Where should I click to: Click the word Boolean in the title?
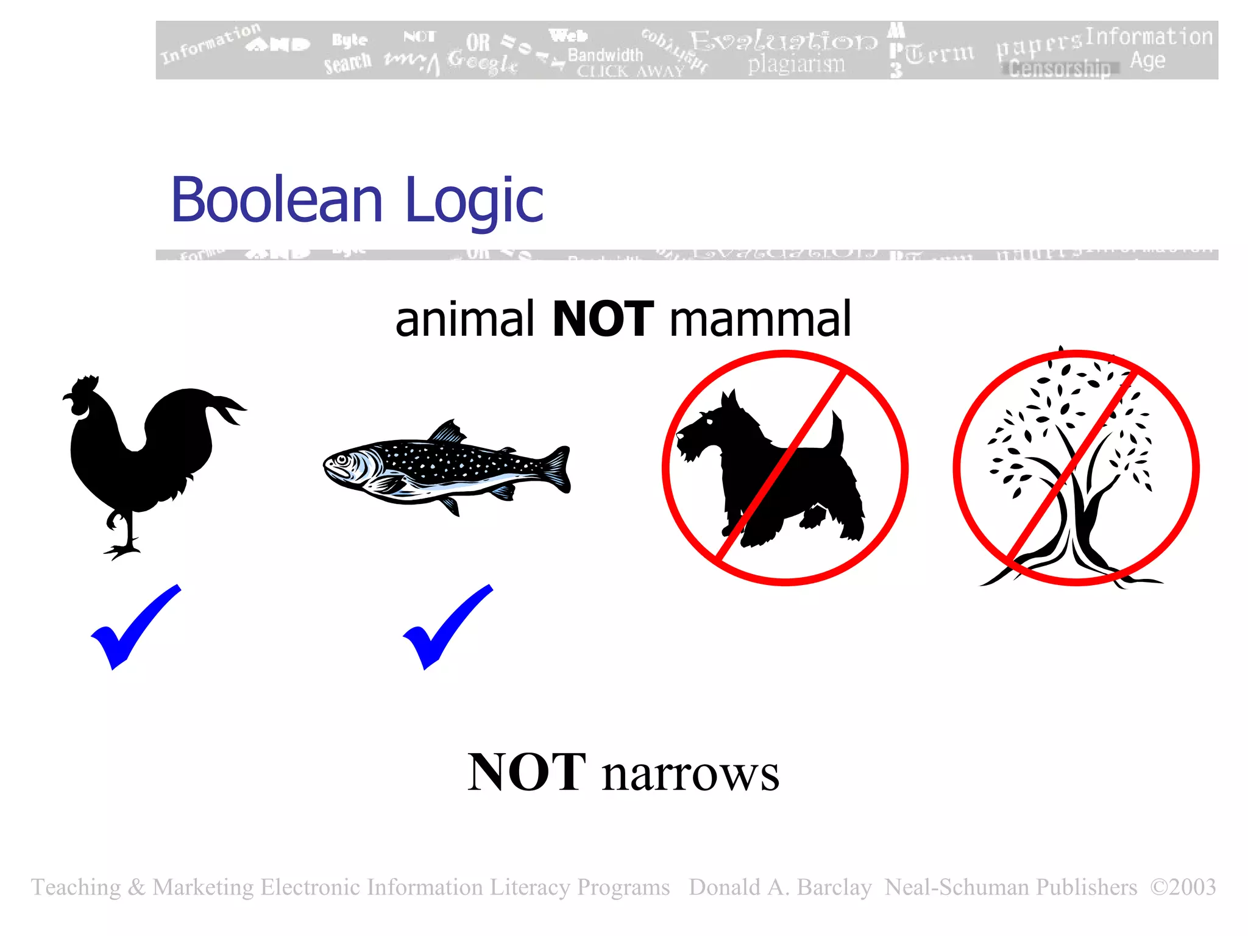[277, 200]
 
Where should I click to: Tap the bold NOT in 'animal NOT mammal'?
[603, 319]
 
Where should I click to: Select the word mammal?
[760, 319]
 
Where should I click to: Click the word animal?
[464, 319]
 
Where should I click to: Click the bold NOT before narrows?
[526, 773]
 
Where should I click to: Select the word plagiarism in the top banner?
[796, 64]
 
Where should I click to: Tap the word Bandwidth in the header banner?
[605, 55]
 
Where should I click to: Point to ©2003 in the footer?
[1183, 887]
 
